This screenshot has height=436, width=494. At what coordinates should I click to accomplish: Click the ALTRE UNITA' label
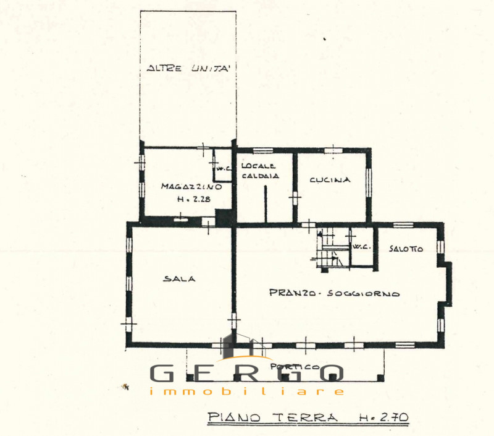pyautogui.click(x=188, y=68)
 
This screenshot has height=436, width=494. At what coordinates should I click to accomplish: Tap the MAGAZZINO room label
pyautogui.click(x=191, y=186)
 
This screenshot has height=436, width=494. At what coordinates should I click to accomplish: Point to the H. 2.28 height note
pyautogui.click(x=194, y=199)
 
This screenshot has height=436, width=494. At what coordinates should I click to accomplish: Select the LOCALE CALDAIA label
pyautogui.click(x=260, y=171)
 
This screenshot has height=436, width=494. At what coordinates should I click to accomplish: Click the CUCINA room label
pyautogui.click(x=330, y=180)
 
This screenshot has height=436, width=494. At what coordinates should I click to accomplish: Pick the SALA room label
pyautogui.click(x=180, y=279)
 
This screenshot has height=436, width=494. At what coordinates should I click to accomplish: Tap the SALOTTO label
pyautogui.click(x=406, y=249)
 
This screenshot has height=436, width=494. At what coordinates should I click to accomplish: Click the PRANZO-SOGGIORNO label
pyautogui.click(x=335, y=293)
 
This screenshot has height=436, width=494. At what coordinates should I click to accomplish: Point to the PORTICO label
pyautogui.click(x=295, y=367)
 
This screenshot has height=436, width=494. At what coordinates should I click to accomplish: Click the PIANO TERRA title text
pyautogui.click(x=272, y=417)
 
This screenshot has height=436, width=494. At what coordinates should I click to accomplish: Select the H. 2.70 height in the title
pyautogui.click(x=383, y=417)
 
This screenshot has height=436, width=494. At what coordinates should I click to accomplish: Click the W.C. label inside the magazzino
pyautogui.click(x=224, y=169)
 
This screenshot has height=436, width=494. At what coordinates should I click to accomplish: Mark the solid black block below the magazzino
pyautogui.click(x=224, y=217)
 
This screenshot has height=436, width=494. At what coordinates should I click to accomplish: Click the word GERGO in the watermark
pyautogui.click(x=246, y=372)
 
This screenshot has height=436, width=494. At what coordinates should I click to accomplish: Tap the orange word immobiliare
pyautogui.click(x=246, y=391)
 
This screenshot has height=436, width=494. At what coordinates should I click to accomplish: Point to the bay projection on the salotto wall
pyautogui.click(x=447, y=284)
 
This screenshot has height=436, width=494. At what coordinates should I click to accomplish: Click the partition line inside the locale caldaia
pyautogui.click(x=266, y=204)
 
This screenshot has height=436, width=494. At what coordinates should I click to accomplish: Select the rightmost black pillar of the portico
pyautogui.click(x=380, y=378)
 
